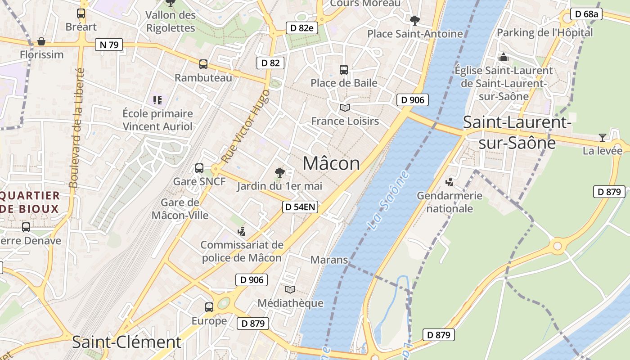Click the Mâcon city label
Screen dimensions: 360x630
331,163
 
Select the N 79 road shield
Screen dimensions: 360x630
109,45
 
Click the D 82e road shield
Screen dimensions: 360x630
302,28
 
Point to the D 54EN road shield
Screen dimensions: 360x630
300,207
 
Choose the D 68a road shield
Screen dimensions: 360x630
586,14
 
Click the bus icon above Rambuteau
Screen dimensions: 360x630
203,64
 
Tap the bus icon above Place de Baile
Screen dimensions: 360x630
344,69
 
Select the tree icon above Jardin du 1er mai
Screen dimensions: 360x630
280,172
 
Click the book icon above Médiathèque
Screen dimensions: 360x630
290,289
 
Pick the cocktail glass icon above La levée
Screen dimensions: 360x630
603,137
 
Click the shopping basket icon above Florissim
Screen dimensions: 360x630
41,41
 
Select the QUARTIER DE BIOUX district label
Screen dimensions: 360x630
30,202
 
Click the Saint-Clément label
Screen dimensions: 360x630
126,342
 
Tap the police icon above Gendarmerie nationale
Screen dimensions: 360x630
449,182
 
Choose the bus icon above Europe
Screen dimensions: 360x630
209,307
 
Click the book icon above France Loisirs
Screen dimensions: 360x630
345,108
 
